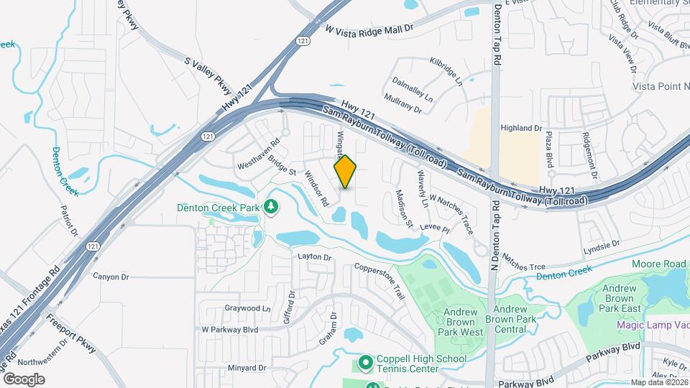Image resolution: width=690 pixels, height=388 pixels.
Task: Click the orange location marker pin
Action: pos(346,172)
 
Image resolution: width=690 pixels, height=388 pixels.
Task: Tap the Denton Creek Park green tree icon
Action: pos(271,208)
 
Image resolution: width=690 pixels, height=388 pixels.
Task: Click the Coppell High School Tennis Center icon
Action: pos(365,363)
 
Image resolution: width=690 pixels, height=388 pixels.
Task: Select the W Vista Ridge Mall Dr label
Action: pos(370,29)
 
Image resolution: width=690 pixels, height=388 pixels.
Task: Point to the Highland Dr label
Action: pos(521,128)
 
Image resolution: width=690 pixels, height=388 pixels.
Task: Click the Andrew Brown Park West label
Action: pos(461,322)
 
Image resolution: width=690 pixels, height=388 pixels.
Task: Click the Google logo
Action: pos(24,379)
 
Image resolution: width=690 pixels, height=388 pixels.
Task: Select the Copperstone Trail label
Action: pos(380,280)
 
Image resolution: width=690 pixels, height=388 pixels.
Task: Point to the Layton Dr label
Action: pos(314,257)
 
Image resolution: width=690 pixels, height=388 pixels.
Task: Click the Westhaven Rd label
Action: pos(257,154)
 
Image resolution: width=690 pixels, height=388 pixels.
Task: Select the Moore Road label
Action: pos(659,264)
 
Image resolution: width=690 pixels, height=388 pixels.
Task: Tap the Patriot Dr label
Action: pos(70,223)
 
